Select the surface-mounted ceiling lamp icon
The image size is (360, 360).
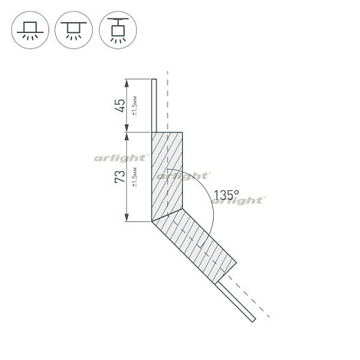29,29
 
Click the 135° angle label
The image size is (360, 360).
226,195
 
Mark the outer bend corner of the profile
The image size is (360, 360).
152,221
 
